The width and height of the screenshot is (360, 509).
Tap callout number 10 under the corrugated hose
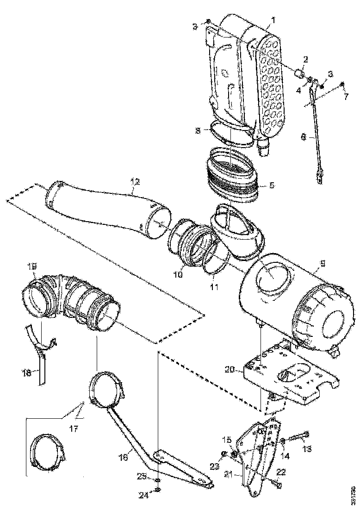coord(178,274)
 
